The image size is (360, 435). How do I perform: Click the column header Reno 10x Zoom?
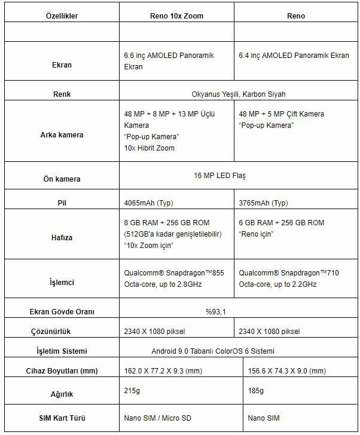point(176,16)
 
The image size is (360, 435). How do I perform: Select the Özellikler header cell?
point(62,16)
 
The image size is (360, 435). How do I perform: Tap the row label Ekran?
point(62,65)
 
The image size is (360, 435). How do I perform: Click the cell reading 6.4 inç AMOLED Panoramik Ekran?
point(294,56)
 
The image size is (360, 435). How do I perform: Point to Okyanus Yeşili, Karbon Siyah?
point(238,94)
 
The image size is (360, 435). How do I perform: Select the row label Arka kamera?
point(62,135)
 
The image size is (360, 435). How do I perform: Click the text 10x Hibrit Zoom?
point(150,148)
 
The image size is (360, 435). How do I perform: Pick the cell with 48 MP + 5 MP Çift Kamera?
point(281,114)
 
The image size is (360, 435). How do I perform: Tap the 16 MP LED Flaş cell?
point(238,176)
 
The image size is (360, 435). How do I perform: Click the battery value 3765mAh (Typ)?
point(263,203)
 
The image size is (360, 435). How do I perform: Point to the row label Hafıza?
point(62,238)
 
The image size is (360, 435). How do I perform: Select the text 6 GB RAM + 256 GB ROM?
point(281,223)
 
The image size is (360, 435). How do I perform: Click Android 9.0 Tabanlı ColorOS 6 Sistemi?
point(238,351)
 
